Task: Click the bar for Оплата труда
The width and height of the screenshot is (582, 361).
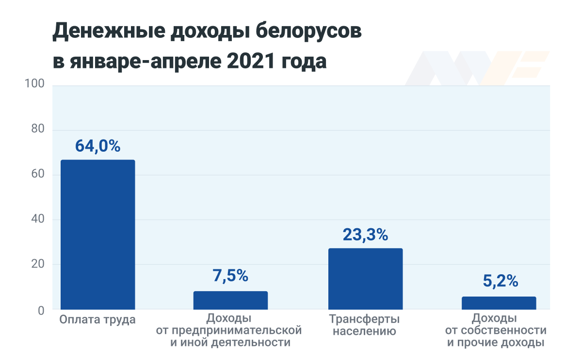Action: [97, 235]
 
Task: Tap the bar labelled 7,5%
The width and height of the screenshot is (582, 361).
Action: [230, 300]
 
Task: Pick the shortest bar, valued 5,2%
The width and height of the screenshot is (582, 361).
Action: [499, 303]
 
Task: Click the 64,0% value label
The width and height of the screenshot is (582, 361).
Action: [97, 146]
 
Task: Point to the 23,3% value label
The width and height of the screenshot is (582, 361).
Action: [365, 235]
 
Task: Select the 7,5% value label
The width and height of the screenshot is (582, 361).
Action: [230, 276]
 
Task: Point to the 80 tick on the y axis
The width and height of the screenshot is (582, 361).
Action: [37, 130]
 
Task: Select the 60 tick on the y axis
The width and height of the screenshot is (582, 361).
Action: [37, 175]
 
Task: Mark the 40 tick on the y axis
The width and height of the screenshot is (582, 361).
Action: [37, 220]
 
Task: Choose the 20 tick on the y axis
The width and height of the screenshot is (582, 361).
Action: [37, 265]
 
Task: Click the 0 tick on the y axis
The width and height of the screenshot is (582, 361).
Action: [41, 310]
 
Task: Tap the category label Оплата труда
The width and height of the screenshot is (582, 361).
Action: [97, 320]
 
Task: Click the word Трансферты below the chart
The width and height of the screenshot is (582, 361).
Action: [365, 320]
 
